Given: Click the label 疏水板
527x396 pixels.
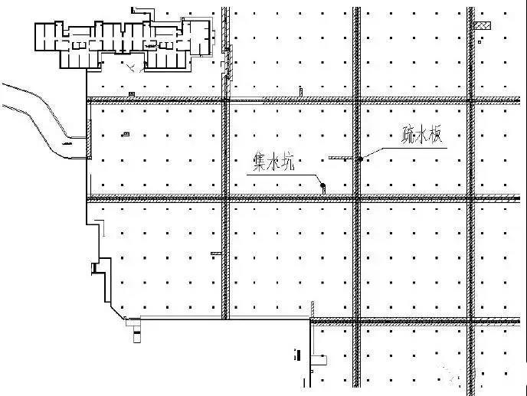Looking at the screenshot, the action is click(422, 135).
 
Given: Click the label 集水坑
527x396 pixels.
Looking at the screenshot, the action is click(274, 162).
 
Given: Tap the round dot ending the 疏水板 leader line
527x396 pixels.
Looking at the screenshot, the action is click(360, 159).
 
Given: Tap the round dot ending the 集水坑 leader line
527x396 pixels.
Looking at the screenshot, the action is click(322, 185).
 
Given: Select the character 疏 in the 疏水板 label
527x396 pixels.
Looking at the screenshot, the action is click(408, 135).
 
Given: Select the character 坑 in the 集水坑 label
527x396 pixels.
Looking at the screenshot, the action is click(288, 162).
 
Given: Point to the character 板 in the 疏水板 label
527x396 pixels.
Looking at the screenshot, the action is click(435, 135).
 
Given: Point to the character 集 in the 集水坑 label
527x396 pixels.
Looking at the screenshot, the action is click(260, 162).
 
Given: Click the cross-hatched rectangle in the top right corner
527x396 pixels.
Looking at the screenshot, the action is click(483, 25).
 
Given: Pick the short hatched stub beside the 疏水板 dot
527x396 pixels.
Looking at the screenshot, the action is click(340, 157).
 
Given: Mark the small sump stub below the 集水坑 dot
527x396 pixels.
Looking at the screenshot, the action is click(324, 191).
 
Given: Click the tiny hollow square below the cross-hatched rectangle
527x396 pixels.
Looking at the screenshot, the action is click(480, 42).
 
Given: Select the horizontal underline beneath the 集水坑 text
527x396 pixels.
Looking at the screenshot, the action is click(282, 175).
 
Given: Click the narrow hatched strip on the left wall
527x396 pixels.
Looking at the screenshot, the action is click(90, 139).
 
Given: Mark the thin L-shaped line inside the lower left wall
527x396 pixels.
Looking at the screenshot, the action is click(101, 227).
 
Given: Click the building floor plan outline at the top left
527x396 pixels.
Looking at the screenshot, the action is click(124, 44).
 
